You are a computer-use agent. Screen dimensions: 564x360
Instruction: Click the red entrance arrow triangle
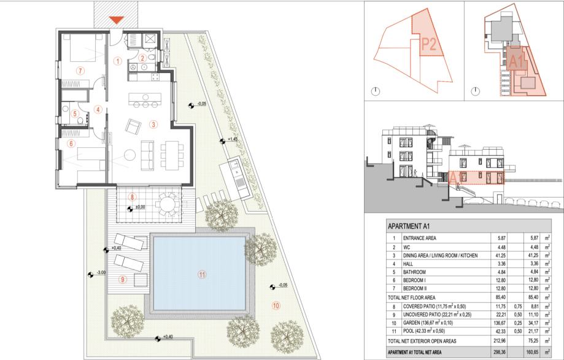116,20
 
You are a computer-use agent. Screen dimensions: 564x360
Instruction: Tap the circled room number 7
80,71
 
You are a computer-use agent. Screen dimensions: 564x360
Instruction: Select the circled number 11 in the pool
202,275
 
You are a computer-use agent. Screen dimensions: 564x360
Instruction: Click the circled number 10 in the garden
276,306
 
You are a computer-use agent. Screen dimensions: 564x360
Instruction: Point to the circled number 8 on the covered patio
133,197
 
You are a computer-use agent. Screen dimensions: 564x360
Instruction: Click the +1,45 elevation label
233,139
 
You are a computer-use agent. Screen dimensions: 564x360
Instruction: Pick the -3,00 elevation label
101,272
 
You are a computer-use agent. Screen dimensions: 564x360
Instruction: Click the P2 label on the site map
429,44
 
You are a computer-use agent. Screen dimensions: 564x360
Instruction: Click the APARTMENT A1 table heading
409,226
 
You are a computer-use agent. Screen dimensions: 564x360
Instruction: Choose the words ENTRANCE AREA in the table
419,238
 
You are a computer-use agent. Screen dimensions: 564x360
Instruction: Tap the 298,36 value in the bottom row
500,353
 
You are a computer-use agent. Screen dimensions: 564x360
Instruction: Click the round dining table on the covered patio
168,204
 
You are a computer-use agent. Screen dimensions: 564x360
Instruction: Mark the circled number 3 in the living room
153,124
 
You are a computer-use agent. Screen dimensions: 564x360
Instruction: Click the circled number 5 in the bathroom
75,114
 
